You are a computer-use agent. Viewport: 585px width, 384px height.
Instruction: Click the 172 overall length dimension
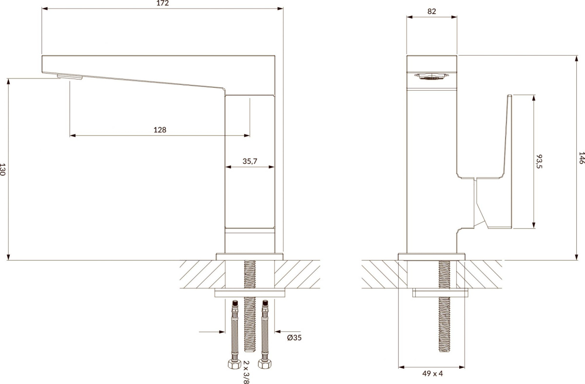click(x=162, y=3)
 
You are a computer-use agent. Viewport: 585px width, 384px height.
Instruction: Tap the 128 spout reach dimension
click(x=160, y=130)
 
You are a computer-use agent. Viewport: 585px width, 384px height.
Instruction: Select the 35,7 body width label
click(x=250, y=162)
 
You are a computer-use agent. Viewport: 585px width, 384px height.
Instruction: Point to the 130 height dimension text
click(x=2, y=169)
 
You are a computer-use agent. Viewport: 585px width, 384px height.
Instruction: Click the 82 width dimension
click(x=432, y=12)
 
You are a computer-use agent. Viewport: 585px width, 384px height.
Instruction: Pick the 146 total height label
click(x=581, y=158)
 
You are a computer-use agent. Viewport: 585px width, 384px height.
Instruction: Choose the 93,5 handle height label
click(x=539, y=162)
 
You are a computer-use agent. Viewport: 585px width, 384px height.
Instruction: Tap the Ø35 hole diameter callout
click(x=294, y=338)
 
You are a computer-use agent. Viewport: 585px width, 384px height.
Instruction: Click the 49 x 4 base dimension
click(x=432, y=374)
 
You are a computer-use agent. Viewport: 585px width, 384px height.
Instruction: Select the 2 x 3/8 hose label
click(x=246, y=372)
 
